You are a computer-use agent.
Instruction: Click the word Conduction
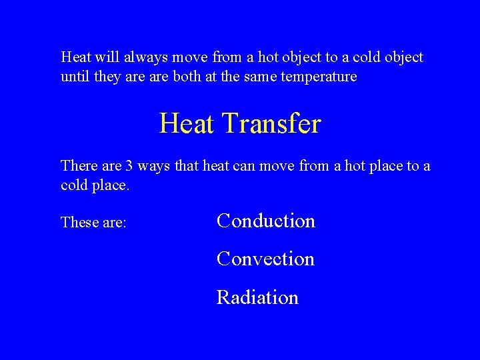[266, 221]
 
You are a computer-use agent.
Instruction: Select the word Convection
[265, 259]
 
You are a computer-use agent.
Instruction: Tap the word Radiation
[257, 297]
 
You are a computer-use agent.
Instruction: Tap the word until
[75, 77]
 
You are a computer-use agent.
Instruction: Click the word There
[78, 165]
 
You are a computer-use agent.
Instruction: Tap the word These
[78, 222]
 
